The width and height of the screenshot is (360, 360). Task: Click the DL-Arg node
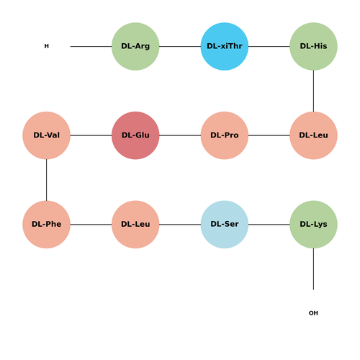(135, 46)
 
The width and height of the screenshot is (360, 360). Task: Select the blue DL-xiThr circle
(225, 46)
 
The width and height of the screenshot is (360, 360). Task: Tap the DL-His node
(313, 46)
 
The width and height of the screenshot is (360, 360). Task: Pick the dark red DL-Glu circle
(135, 135)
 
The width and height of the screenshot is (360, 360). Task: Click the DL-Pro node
(225, 135)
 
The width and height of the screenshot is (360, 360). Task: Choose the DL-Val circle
(46, 135)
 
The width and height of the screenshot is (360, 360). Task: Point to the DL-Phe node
(46, 225)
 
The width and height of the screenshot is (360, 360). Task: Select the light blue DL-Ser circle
(225, 225)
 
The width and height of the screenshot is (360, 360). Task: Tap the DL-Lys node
(313, 225)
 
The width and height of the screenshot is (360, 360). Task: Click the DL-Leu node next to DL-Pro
(313, 135)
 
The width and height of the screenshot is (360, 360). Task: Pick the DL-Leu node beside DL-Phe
(135, 225)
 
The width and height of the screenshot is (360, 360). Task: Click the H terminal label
(47, 46)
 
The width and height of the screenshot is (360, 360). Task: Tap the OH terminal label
(313, 313)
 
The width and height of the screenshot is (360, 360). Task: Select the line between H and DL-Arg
(91, 46)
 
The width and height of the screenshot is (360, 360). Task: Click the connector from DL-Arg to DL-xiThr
(180, 46)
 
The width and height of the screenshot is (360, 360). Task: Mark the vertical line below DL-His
(313, 91)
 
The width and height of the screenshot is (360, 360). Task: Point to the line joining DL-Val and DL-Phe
(46, 180)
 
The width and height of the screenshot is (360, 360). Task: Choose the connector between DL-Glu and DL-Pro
(180, 135)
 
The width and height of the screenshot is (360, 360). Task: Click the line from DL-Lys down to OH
(313, 269)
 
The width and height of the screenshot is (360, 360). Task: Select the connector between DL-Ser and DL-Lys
(269, 225)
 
